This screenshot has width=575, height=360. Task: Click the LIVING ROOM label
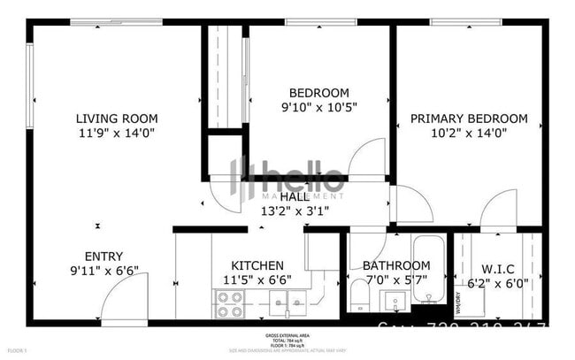(x=117, y=119)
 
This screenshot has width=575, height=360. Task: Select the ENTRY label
(x=103, y=257)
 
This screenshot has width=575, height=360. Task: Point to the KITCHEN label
(x=257, y=265)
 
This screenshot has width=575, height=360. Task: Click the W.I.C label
(x=499, y=269)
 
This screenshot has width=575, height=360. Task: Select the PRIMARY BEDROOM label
(x=469, y=119)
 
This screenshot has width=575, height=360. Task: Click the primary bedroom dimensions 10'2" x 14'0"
(x=469, y=134)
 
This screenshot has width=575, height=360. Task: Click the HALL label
(x=295, y=196)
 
